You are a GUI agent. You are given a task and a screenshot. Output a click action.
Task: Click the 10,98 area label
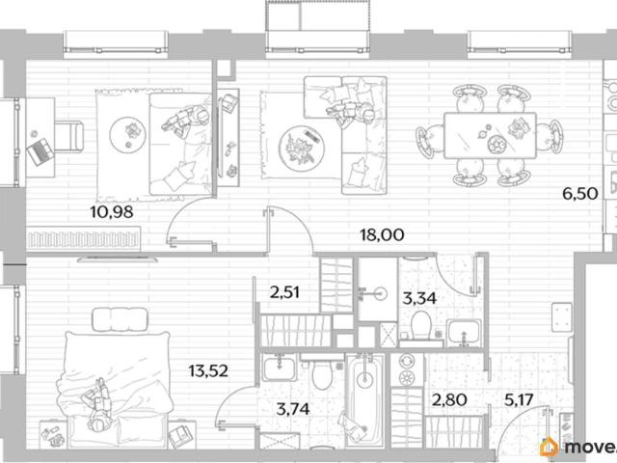112,212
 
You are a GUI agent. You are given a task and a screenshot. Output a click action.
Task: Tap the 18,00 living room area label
382,234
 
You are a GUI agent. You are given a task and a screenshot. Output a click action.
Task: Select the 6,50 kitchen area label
580,194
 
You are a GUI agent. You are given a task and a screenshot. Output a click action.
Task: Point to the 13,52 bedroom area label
208,370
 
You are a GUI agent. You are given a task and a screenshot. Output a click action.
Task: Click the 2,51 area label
285,292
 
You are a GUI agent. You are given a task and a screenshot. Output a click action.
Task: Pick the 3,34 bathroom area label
419,298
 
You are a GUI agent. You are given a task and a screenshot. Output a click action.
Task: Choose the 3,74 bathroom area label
293,409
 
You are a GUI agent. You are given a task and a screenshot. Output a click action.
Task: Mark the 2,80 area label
449,401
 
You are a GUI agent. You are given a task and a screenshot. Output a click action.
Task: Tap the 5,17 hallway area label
519,401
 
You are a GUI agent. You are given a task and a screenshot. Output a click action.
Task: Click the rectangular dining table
490,136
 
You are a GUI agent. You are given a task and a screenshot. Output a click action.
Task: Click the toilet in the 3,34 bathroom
420,326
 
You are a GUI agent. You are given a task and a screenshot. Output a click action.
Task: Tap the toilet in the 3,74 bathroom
322,373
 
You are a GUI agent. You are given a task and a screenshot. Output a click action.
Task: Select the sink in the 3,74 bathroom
280,368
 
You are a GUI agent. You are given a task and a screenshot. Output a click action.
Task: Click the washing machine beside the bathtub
407,370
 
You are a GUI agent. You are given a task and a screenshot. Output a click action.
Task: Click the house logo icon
550,447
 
